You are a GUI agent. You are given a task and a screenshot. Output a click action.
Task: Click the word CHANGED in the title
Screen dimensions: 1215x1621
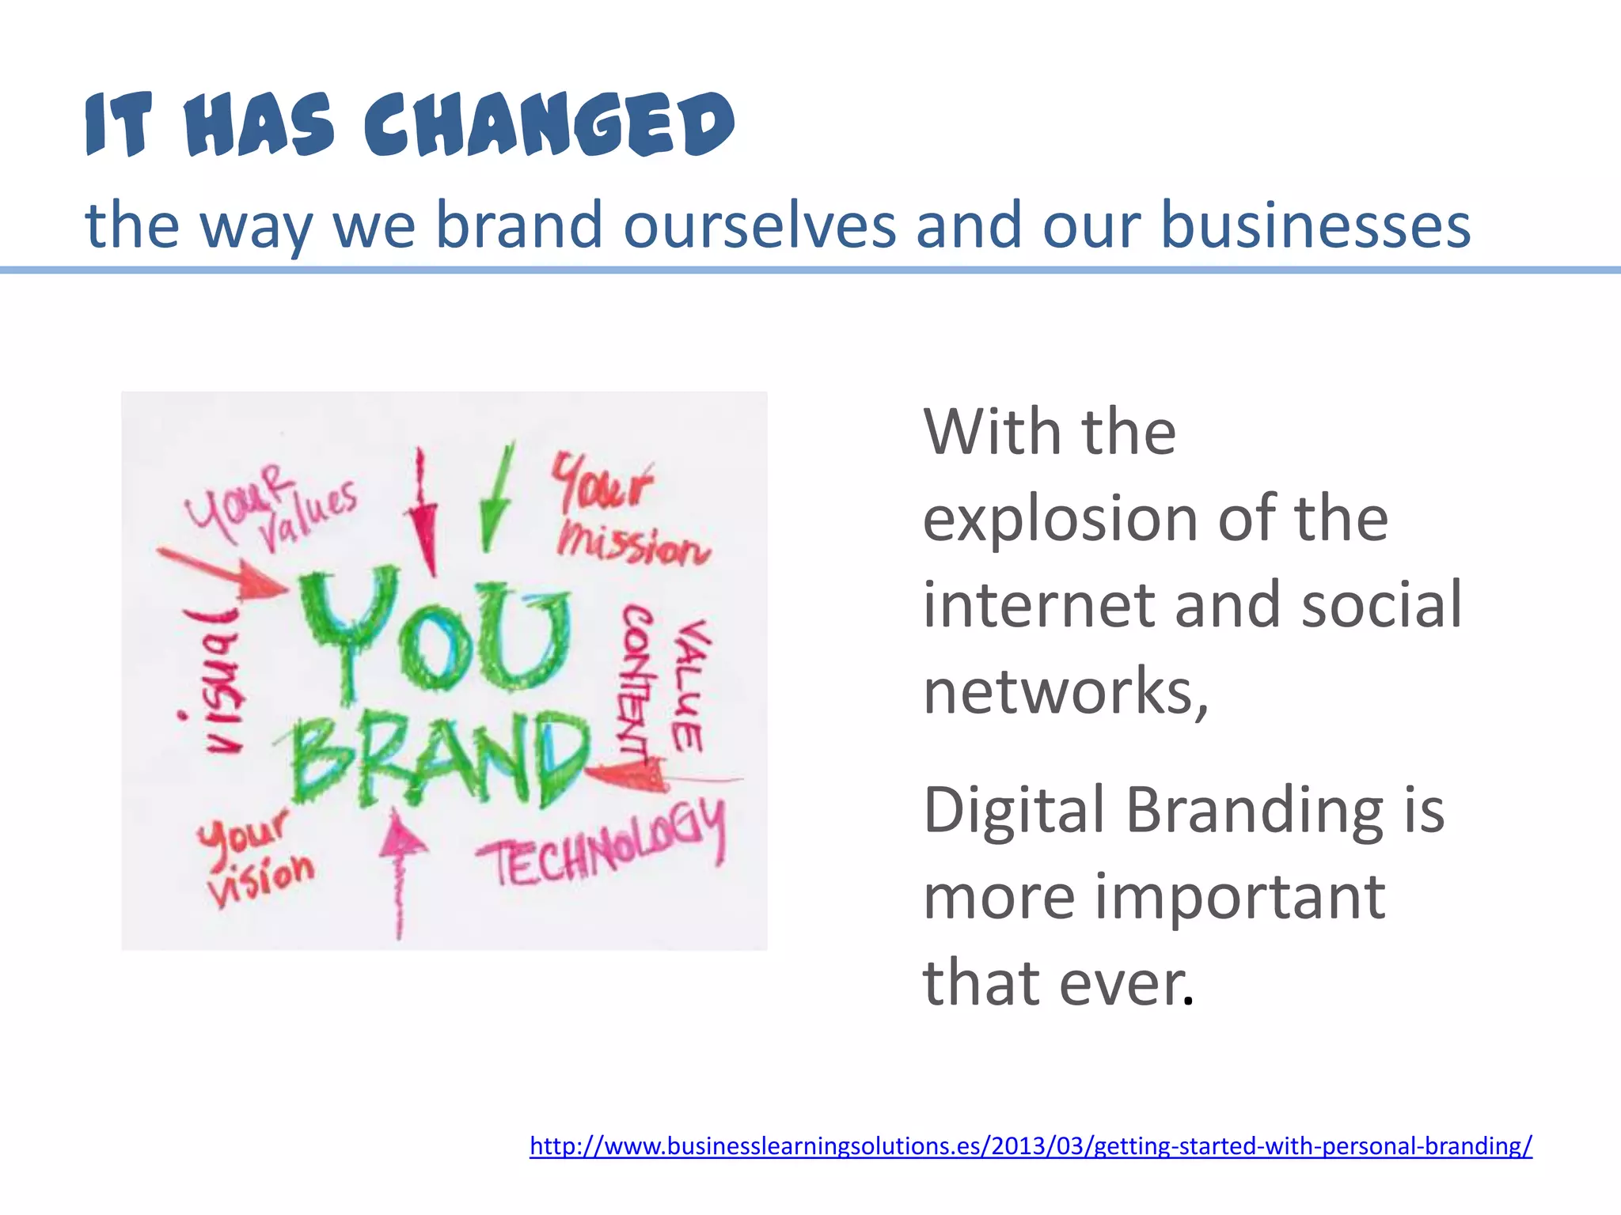coord(549,125)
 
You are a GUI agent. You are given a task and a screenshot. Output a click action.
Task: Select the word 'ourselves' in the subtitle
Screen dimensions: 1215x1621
coord(759,225)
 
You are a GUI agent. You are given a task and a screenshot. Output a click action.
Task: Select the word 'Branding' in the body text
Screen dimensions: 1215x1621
coord(1255,810)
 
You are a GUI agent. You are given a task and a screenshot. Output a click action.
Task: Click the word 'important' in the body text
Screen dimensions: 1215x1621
coord(1239,899)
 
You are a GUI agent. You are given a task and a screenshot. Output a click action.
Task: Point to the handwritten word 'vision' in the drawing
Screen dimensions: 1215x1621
coord(260,878)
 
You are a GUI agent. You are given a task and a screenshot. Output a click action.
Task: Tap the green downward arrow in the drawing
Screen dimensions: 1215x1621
coord(495,499)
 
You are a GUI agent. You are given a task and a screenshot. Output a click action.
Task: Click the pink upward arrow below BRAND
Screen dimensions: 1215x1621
coord(400,870)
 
